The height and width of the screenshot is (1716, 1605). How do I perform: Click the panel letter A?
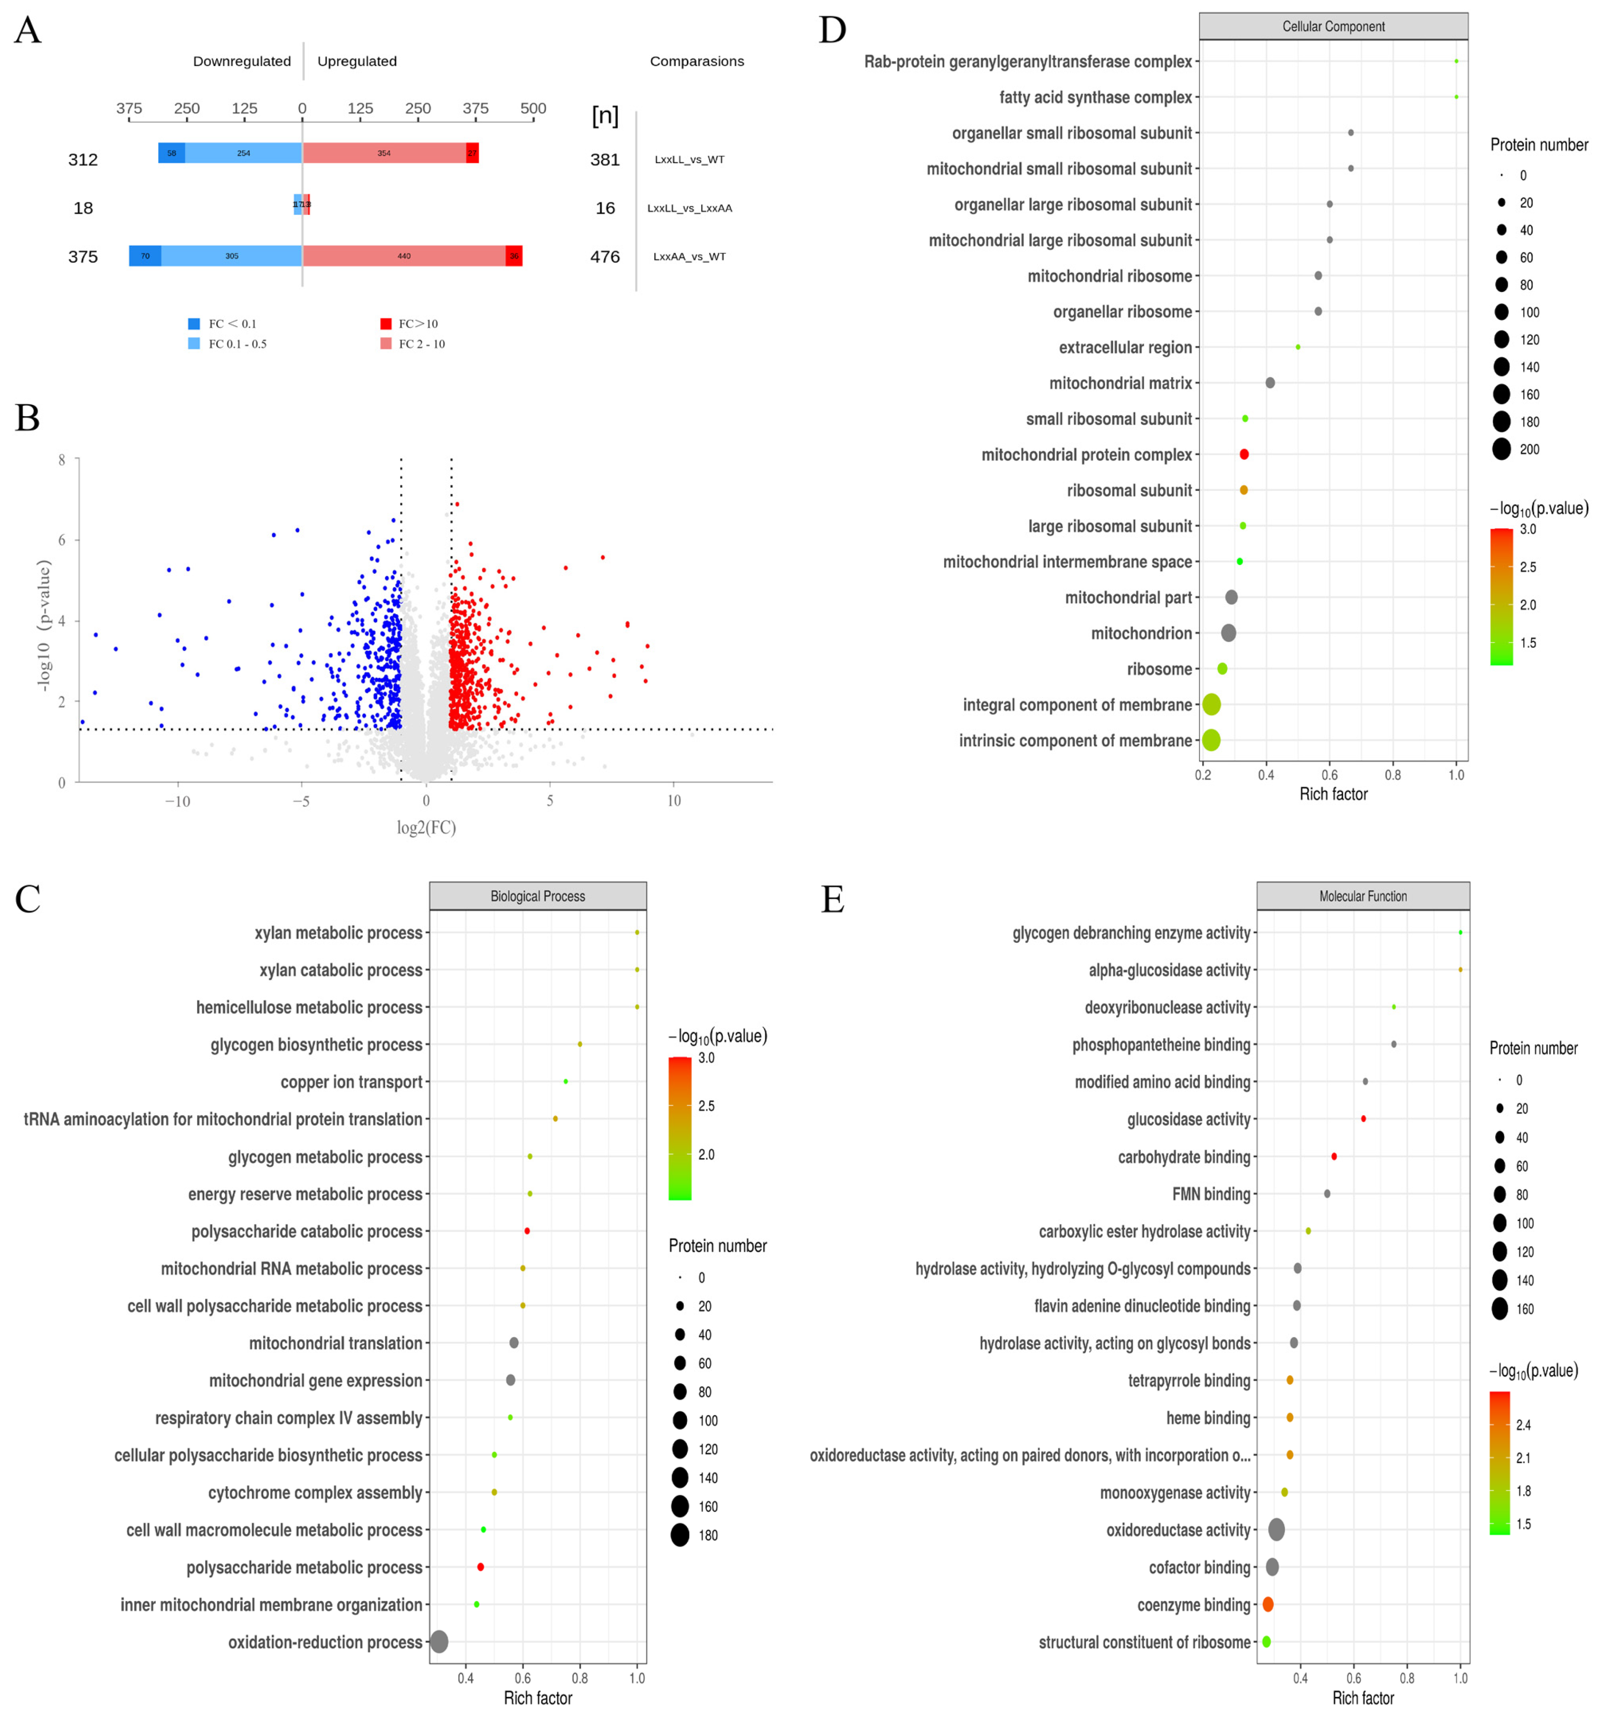click(x=27, y=31)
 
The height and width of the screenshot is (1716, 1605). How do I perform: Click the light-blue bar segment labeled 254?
click(x=243, y=153)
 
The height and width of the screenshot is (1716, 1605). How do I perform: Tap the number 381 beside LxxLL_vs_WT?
click(x=604, y=159)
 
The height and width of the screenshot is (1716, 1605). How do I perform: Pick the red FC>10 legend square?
click(x=386, y=324)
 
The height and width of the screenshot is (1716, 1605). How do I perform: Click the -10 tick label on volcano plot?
click(x=177, y=801)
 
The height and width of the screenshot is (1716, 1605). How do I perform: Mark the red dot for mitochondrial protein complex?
click(x=1243, y=454)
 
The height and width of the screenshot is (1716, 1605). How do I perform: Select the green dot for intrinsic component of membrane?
click(x=1211, y=740)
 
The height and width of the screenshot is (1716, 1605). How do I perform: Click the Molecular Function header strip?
click(x=1362, y=896)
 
